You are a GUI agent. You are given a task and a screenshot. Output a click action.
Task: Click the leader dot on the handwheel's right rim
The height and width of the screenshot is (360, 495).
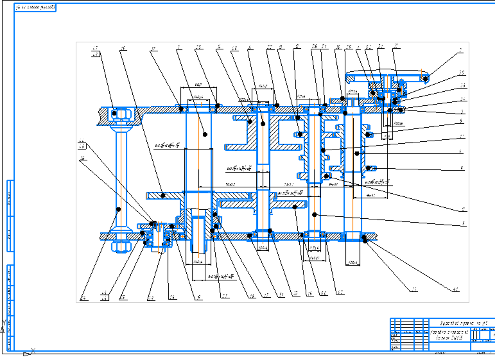click(x=425, y=78)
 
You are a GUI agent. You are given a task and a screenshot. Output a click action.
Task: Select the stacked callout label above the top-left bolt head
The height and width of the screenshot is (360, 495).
click(x=96, y=51)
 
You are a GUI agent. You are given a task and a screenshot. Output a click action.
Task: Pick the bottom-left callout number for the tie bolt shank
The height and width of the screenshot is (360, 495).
click(x=83, y=298)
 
